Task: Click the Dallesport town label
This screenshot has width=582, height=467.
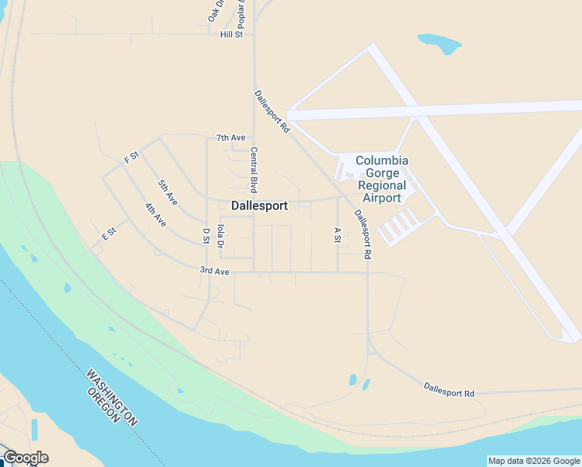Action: [260, 206]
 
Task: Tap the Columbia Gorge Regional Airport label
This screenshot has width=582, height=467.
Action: [382, 179]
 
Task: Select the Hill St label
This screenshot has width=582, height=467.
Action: [232, 34]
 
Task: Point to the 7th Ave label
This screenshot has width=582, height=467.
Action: [230, 138]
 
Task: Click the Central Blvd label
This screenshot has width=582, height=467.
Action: [253, 170]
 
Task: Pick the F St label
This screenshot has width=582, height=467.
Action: [131, 156]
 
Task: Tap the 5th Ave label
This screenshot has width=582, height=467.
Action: [167, 191]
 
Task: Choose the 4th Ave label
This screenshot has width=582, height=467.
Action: [155, 214]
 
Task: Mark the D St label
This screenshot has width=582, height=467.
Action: [206, 235]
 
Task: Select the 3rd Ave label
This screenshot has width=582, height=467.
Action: [215, 271]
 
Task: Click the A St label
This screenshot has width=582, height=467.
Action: [337, 234]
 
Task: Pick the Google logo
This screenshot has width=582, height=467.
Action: [26, 458]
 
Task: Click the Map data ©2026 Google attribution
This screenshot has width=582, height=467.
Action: [534, 461]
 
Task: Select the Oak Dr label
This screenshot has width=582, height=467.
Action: [215, 10]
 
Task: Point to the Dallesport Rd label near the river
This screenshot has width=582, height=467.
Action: [449, 389]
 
